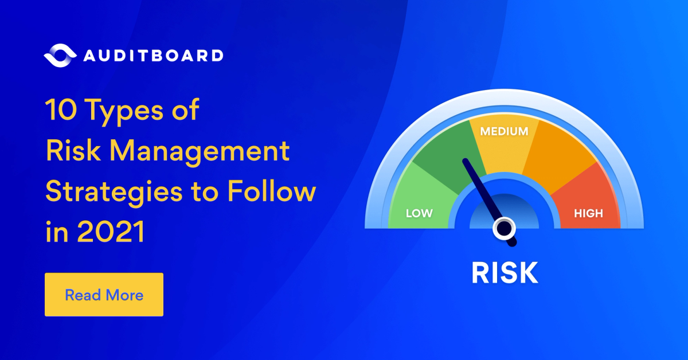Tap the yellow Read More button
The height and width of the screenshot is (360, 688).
(x=104, y=295)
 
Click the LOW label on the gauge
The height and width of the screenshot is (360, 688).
(x=419, y=214)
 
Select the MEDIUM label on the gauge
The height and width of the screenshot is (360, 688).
(x=504, y=131)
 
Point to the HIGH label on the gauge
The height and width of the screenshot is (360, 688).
(x=589, y=214)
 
